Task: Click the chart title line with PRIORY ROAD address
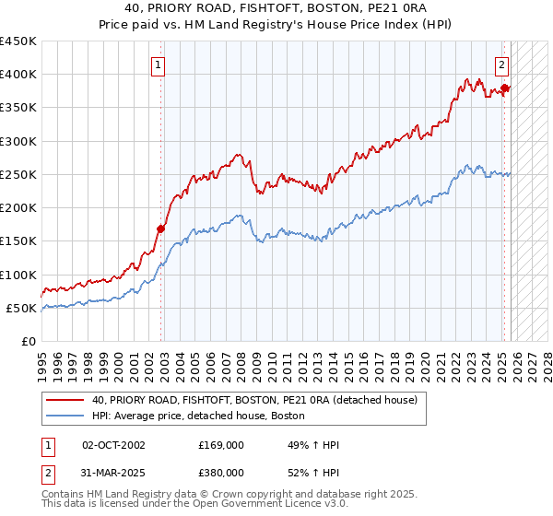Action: pos(276,9)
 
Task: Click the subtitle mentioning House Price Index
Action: pos(276,25)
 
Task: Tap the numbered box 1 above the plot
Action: pos(159,65)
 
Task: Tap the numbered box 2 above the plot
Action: pos(502,65)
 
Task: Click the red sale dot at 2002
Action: pos(161,229)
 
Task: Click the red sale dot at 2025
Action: pos(505,88)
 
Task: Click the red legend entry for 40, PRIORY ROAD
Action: pos(254,400)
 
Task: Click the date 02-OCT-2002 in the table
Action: pos(113,445)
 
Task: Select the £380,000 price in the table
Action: pos(220,473)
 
